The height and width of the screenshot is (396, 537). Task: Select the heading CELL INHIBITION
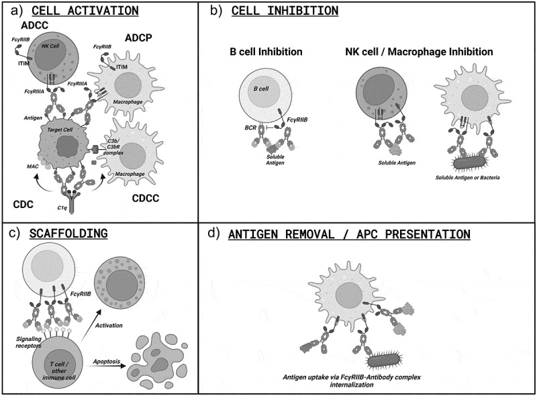click(285, 11)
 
